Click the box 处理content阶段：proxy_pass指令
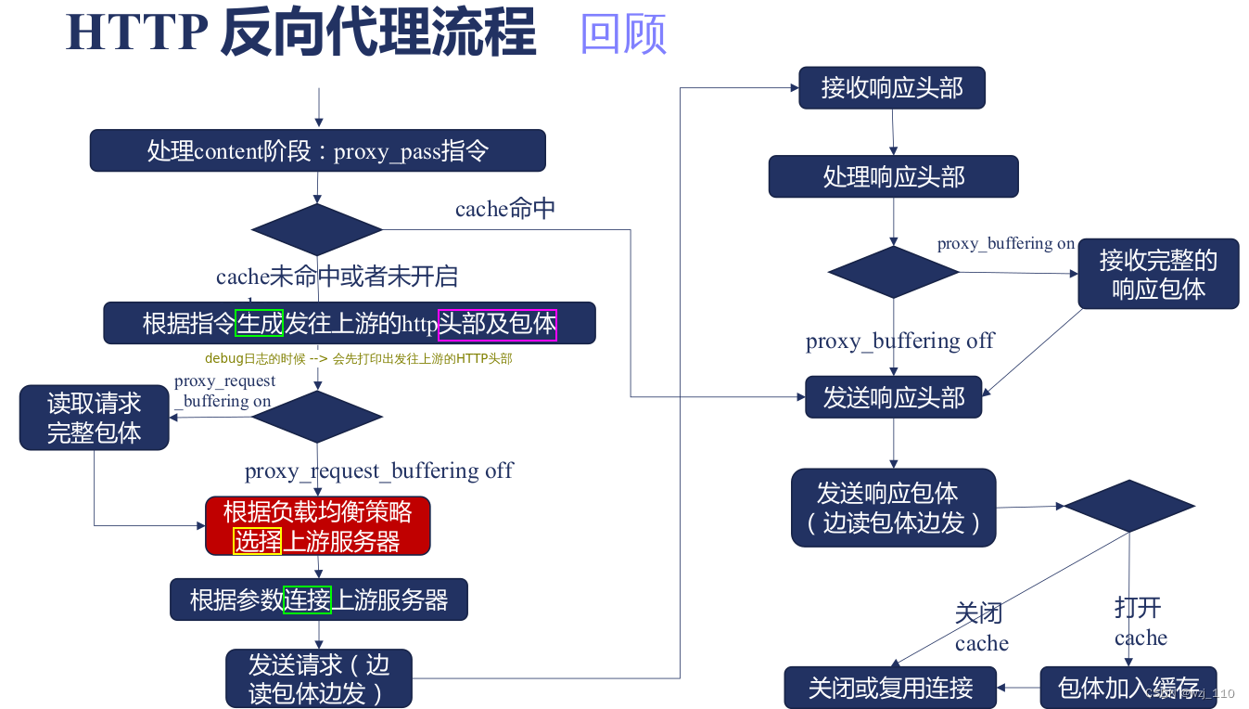(x=317, y=150)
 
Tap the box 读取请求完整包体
(x=94, y=418)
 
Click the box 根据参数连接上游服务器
(x=318, y=599)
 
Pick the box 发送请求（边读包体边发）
(x=318, y=678)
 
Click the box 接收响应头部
(x=891, y=88)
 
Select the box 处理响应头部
(x=893, y=176)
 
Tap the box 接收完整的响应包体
(x=1158, y=274)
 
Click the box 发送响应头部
(x=893, y=397)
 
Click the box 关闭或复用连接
(x=890, y=688)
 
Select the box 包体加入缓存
(x=1128, y=688)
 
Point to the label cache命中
(x=505, y=209)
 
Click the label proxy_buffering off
(x=899, y=341)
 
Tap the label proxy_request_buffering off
(x=378, y=471)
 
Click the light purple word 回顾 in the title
(x=623, y=35)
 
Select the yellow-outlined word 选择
(x=257, y=540)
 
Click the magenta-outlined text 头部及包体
(x=497, y=324)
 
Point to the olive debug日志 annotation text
(x=358, y=358)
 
